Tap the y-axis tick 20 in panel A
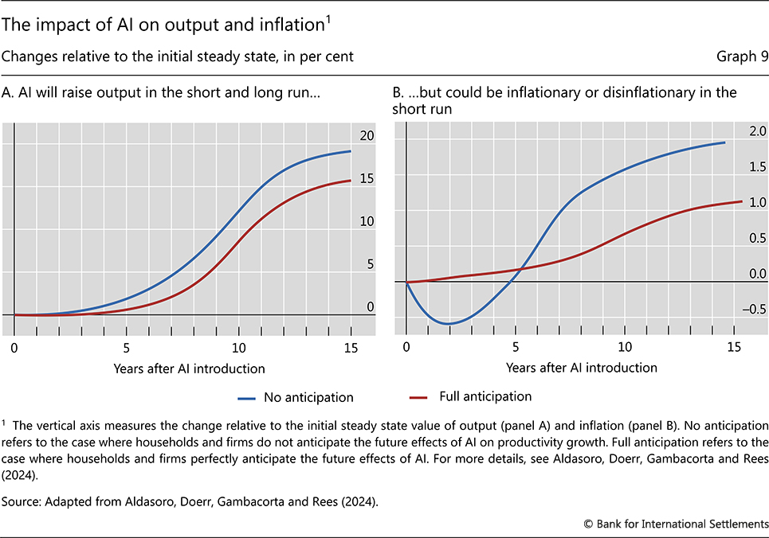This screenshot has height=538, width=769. [366, 137]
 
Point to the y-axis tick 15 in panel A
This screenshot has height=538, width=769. [366, 179]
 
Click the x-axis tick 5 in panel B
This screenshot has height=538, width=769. [516, 348]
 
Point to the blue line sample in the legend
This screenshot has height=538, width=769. [256, 396]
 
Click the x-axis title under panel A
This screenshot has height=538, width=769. [189, 368]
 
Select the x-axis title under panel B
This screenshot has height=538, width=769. [581, 368]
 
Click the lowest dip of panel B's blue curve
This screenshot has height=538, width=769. [449, 324]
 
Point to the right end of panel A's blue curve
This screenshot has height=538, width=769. [351, 151]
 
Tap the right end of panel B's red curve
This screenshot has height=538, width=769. [742, 201]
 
